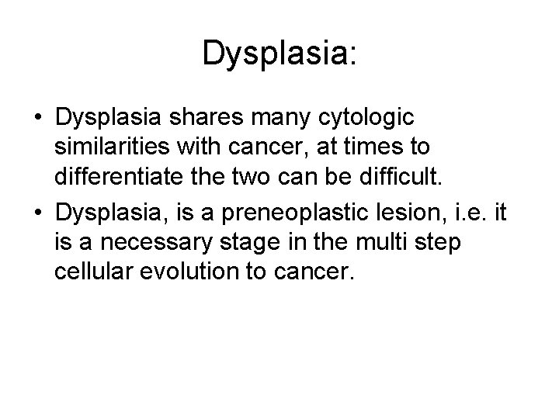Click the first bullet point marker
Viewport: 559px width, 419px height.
click(37, 119)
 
